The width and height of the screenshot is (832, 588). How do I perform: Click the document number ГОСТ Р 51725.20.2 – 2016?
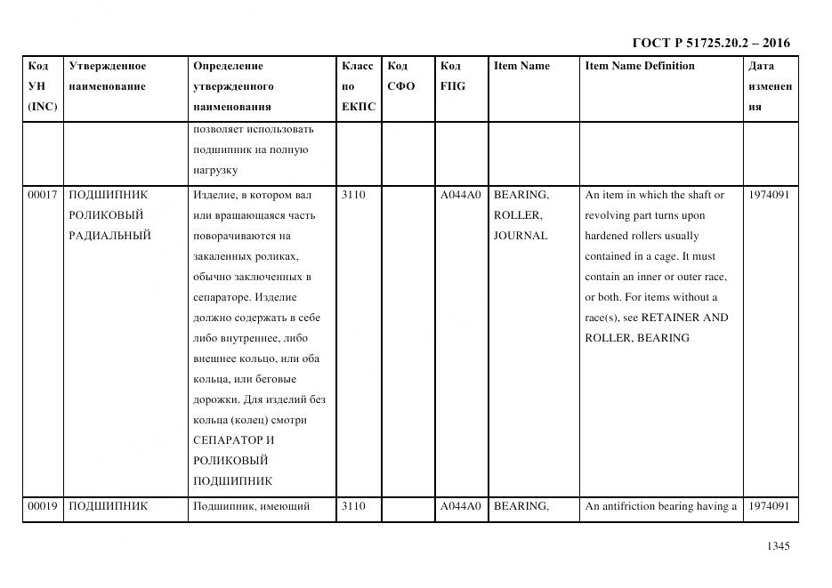coord(710,43)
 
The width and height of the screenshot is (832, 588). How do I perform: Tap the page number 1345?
coord(778,547)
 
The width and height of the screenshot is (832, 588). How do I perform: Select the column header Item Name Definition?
coord(640,66)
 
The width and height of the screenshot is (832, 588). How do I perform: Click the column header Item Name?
coord(521,66)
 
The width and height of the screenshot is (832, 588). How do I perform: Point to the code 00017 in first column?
coord(43,195)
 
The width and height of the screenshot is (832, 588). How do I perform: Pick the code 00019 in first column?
coord(43,506)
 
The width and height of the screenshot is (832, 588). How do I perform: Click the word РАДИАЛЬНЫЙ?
coord(109,236)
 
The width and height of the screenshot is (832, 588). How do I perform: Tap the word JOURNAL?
coord(521,236)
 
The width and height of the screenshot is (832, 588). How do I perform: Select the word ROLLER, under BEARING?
coord(518,215)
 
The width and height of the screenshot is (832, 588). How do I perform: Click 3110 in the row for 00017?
coord(353,195)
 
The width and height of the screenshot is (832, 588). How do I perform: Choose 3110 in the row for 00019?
coord(353,506)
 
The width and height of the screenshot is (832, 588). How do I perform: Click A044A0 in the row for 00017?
coord(460,195)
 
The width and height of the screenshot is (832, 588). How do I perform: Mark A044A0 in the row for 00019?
coord(460,506)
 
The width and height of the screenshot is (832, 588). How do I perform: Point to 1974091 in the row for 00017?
coord(769,195)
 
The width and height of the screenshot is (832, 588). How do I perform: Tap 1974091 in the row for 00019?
coord(769,506)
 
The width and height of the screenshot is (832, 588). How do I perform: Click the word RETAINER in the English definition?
coord(672,318)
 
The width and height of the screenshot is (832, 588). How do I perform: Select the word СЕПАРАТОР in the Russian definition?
coord(228,440)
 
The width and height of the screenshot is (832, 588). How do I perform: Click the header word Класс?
coord(358,66)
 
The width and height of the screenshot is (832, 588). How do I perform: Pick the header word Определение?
coord(228,66)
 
